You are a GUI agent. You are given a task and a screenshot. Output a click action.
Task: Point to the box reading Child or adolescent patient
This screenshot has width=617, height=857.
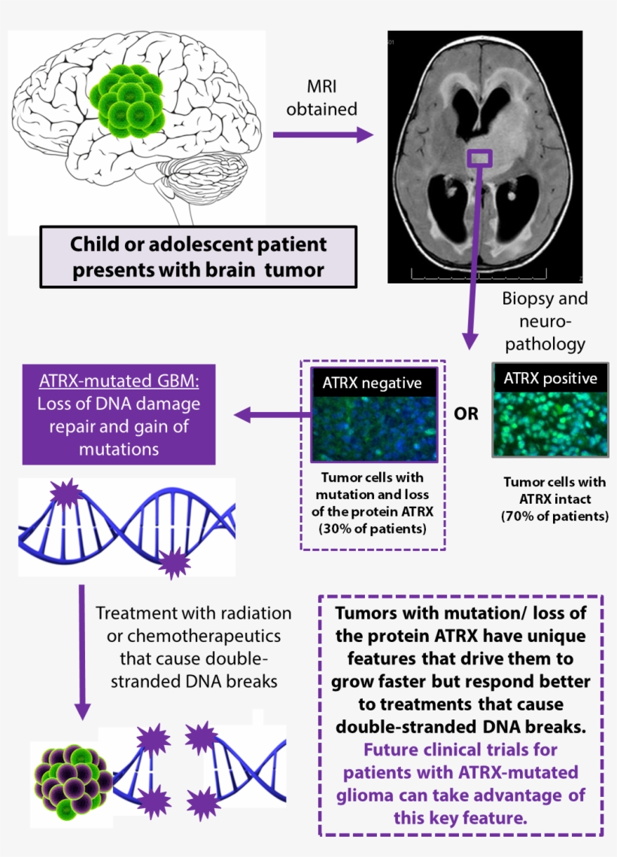[x=199, y=257]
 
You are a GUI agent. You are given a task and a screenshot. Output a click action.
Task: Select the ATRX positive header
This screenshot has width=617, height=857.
[x=550, y=377]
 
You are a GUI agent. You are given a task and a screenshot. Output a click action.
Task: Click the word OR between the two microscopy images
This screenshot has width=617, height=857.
[x=466, y=414]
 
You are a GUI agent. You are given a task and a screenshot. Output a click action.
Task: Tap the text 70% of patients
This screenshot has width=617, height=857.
[x=555, y=516]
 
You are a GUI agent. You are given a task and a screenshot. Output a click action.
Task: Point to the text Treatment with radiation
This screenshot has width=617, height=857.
[x=193, y=612]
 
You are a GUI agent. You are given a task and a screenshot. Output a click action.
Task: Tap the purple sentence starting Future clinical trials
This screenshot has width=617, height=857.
[x=461, y=783]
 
